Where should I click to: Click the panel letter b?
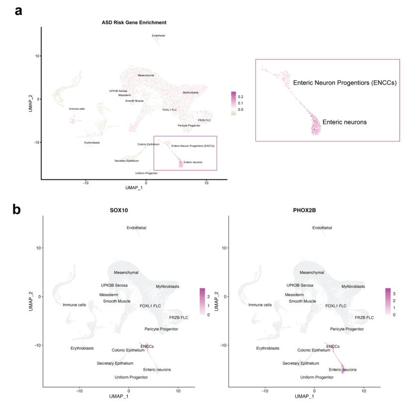click(17, 209)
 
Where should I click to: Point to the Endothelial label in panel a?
click(159, 36)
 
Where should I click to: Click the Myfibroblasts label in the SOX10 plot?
click(167, 286)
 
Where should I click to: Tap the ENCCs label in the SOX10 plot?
click(148, 346)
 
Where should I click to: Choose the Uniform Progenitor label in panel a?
click(146, 173)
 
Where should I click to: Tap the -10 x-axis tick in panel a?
click(86, 182)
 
